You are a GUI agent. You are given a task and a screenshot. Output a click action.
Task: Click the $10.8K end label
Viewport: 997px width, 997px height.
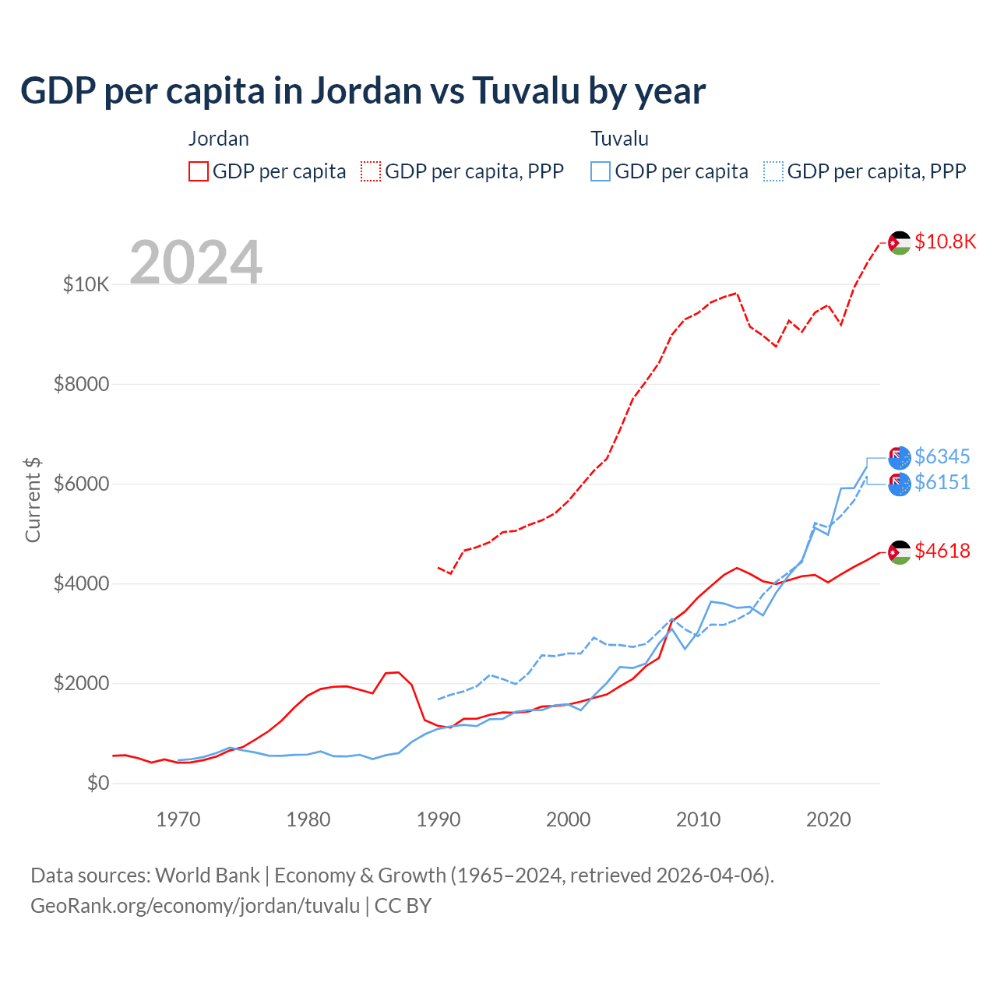tap(945, 241)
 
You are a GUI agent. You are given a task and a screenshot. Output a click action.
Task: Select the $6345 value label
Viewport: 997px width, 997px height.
tap(942, 456)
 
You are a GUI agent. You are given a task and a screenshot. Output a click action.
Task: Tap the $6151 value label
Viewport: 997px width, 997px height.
tap(942, 483)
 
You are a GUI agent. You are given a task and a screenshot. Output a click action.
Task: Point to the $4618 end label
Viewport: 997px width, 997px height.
tap(942, 551)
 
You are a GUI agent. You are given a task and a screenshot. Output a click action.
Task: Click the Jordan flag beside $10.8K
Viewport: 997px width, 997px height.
tap(900, 243)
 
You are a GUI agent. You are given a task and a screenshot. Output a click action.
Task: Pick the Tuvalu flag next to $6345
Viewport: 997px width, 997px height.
tap(900, 458)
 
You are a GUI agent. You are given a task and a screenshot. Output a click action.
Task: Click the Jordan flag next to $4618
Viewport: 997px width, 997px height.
tap(900, 552)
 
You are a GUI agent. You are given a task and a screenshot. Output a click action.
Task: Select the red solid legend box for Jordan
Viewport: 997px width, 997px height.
tap(199, 171)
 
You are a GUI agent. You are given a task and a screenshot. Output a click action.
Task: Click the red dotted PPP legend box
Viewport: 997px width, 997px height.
tap(371, 171)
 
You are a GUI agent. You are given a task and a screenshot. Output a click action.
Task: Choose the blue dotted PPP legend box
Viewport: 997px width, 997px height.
tap(773, 171)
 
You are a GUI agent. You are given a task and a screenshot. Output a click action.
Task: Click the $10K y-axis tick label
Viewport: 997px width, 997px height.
tap(86, 285)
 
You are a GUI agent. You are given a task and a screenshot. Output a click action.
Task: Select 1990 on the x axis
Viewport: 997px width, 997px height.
tap(439, 819)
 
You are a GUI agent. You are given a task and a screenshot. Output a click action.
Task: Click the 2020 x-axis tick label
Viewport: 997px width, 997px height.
tap(828, 819)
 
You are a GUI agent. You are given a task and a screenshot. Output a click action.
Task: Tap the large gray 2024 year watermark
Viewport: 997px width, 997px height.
tap(196, 263)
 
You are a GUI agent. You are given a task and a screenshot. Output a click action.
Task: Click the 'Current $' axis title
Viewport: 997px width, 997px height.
tap(33, 500)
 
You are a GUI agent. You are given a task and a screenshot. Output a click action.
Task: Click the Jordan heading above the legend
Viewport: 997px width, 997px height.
tap(219, 139)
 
